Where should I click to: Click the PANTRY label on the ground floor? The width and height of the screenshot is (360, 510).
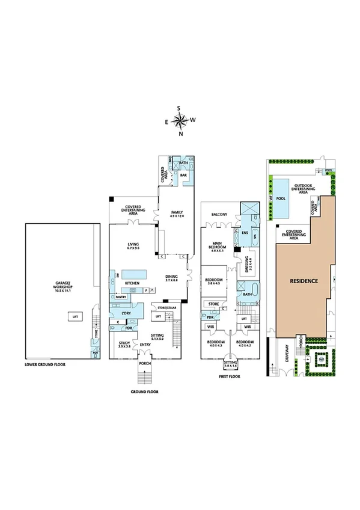coord(120,296)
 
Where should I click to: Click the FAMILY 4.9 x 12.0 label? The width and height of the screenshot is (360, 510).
coord(177,214)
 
